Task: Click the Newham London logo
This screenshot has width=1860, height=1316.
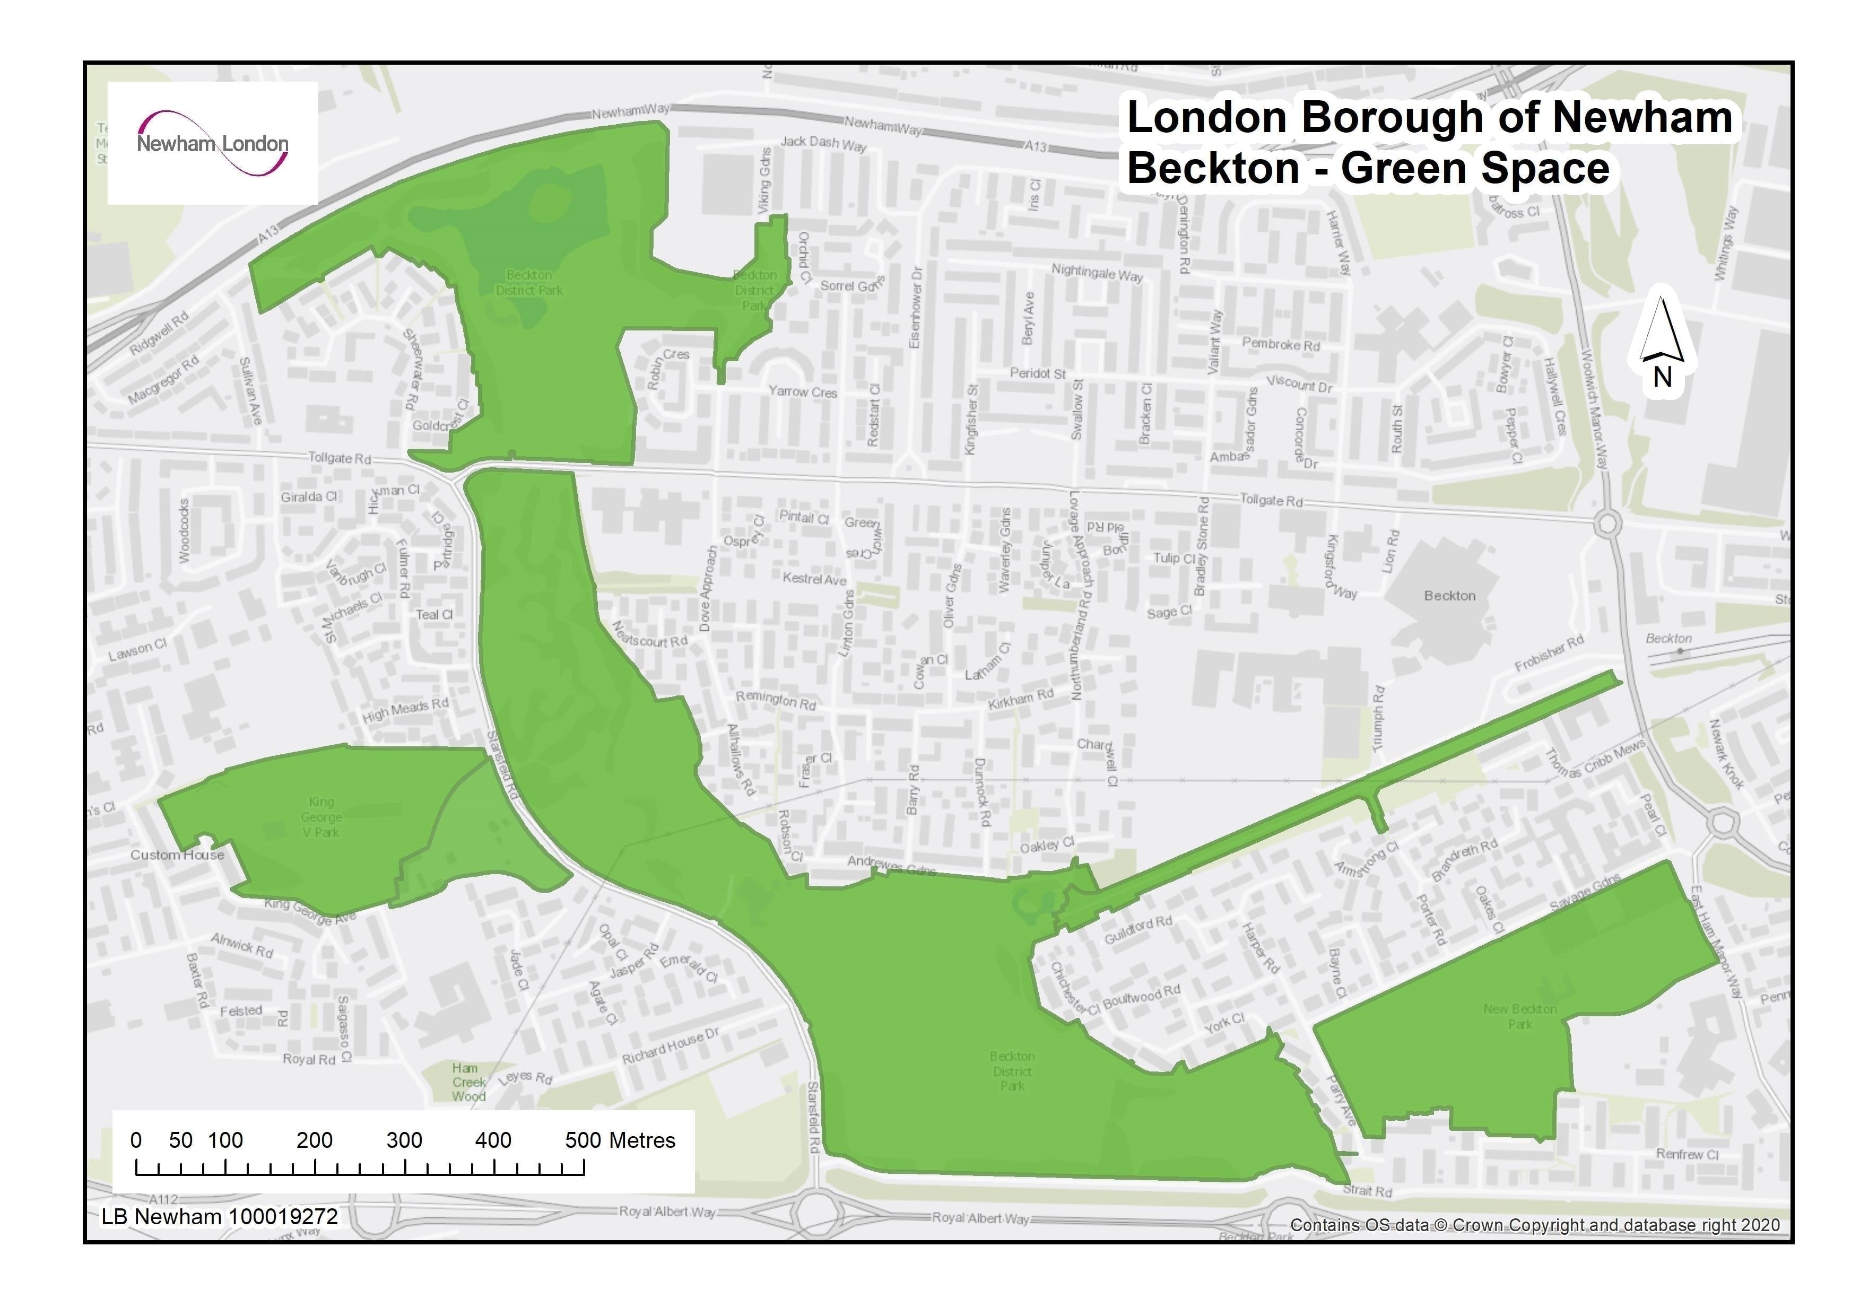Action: tap(212, 143)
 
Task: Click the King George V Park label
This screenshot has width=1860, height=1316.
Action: tap(321, 817)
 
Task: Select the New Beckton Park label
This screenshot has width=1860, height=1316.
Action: tap(1519, 1016)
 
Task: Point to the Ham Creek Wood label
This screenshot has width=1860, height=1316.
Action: tap(468, 1082)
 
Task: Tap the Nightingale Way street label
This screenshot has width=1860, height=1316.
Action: tap(1097, 273)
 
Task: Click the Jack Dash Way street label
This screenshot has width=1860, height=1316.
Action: tap(823, 143)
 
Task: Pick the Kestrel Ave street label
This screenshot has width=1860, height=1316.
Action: tap(814, 579)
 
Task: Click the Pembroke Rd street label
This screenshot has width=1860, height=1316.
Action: tap(1281, 344)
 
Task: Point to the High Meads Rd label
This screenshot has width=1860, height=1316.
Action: tap(405, 709)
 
